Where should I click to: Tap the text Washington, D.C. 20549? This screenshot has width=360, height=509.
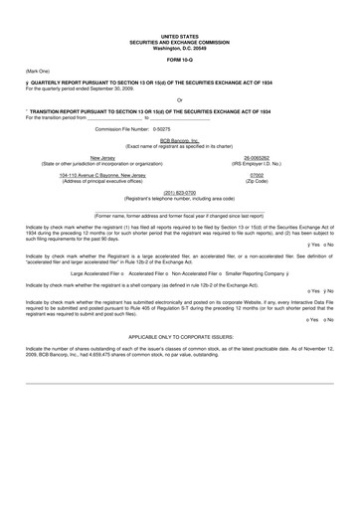(x=179, y=47)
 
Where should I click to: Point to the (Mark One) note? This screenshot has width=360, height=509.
(x=39, y=72)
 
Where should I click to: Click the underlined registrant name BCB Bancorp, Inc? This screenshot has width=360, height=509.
(x=179, y=141)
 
